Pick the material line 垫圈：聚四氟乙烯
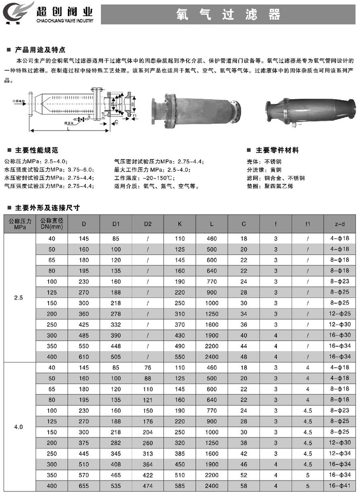(272, 186)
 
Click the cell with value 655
(84, 485)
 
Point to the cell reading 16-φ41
(339, 485)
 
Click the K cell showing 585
(179, 485)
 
